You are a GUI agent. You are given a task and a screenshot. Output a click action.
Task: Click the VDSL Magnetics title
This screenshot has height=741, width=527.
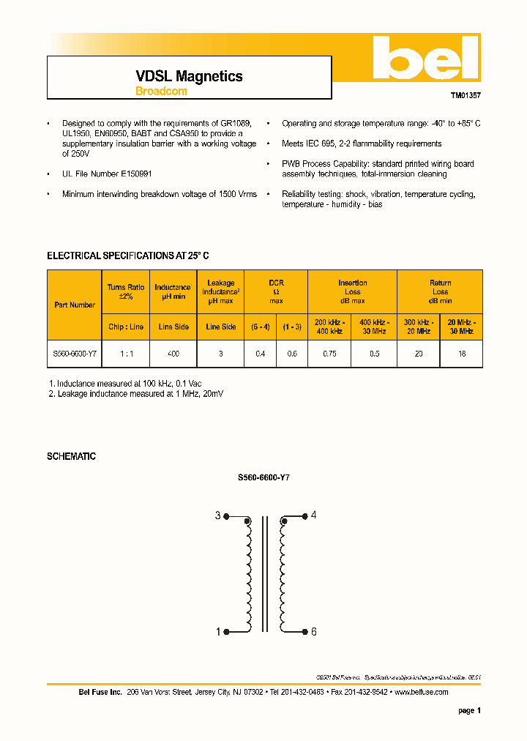point(189,76)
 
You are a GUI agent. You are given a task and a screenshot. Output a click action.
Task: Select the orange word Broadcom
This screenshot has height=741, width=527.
point(161,92)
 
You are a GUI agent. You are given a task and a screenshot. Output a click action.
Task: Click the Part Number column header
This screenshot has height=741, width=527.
point(75,305)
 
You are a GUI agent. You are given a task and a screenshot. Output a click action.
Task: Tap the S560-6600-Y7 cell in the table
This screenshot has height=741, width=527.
point(75,354)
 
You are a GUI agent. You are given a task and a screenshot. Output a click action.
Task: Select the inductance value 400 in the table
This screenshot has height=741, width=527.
point(173,354)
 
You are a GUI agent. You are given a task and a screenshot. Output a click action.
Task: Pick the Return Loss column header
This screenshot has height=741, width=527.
point(440,291)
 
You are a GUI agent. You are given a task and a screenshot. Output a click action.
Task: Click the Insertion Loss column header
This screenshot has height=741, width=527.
point(352,291)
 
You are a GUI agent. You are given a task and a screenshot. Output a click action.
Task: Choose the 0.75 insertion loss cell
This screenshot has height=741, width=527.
point(329,354)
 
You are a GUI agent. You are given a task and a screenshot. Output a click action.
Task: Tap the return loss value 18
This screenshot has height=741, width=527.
point(461,354)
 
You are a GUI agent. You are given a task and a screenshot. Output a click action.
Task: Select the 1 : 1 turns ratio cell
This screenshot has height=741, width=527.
point(126,354)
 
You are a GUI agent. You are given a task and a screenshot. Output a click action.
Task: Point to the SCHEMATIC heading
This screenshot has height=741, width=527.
point(71,456)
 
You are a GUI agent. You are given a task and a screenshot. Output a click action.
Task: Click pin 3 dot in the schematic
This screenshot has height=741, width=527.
point(226,516)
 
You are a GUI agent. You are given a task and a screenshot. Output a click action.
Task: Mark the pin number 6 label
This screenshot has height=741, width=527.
point(313,632)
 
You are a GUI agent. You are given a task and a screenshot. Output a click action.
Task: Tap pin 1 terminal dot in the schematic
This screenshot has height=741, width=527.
point(226,631)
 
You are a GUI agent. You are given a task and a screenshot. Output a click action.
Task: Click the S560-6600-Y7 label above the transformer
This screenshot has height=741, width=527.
point(263,477)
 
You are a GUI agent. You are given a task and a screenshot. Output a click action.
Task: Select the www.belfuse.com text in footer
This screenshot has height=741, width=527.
point(423,692)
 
